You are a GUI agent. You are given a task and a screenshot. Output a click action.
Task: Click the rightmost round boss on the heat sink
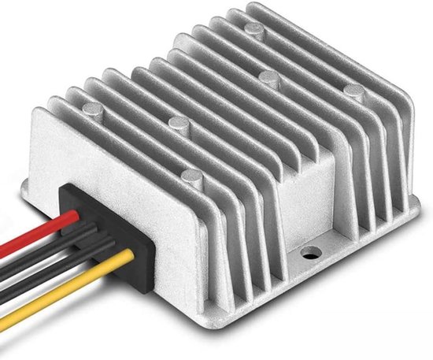pyautogui.click(x=352, y=91)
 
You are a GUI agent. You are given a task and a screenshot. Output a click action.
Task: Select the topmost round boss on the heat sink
pyautogui.click(x=252, y=29)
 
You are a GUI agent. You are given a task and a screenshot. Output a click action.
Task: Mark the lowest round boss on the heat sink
pyautogui.click(x=191, y=178)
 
